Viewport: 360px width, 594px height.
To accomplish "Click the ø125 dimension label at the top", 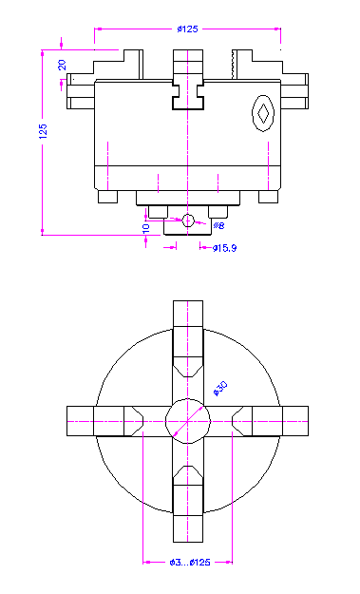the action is (x=187, y=29).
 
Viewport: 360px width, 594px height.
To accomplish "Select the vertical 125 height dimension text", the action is (x=43, y=131).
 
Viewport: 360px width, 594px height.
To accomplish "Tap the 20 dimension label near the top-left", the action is (x=62, y=65).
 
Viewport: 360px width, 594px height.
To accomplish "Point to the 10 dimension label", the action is (x=145, y=228).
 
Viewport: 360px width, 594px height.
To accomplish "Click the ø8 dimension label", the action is (x=218, y=226).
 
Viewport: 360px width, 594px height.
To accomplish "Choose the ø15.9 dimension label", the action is (x=224, y=248).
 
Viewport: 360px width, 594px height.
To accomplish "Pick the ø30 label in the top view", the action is (x=220, y=389).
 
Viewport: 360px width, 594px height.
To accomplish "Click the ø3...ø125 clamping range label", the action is (x=190, y=563).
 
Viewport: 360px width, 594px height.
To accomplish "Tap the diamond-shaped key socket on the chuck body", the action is (x=263, y=113).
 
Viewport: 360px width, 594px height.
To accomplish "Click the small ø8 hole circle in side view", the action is (x=188, y=220).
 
